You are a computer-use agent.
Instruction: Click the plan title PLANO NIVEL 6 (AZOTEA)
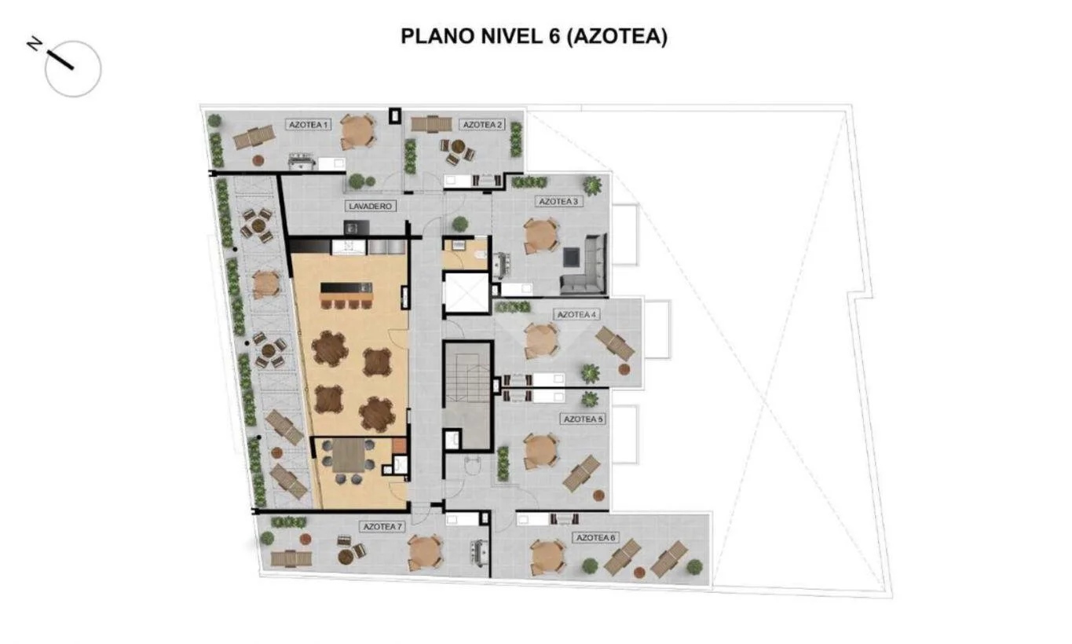(x=533, y=36)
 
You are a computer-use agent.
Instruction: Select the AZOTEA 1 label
(x=309, y=125)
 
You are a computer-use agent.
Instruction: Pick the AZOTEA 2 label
(x=482, y=125)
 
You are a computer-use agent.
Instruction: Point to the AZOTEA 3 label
(x=558, y=201)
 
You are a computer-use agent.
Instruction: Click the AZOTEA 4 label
(x=576, y=315)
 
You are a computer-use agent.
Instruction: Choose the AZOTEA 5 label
(x=584, y=419)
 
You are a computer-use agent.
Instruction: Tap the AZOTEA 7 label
(x=382, y=527)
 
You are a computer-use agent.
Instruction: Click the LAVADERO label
(x=371, y=207)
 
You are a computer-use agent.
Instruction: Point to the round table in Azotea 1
(x=357, y=131)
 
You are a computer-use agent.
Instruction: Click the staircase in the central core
(x=466, y=396)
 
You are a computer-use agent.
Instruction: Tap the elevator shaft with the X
(x=465, y=293)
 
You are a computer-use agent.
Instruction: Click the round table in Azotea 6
(x=548, y=558)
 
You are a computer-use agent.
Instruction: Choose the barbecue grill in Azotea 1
(x=302, y=161)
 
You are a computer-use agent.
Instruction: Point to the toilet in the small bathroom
(x=480, y=255)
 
